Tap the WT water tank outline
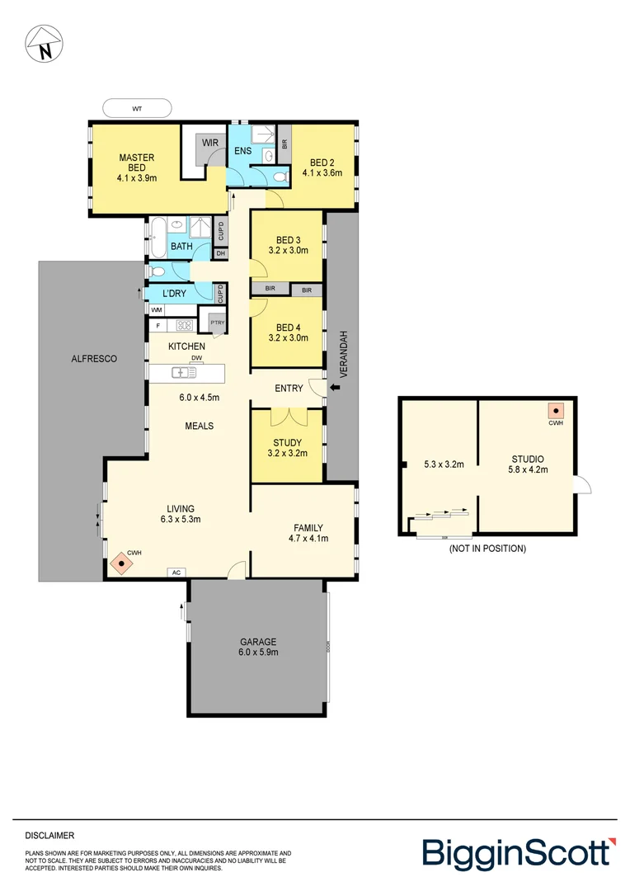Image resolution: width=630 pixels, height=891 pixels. coord(137,108)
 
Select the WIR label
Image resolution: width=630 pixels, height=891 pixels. coord(210,143)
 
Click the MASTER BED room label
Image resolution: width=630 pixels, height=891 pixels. coord(136,163)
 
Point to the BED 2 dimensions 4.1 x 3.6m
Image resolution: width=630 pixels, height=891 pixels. coord(322,173)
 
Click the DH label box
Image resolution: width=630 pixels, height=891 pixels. coord(220,253)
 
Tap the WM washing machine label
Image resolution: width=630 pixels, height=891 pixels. coord(156,309)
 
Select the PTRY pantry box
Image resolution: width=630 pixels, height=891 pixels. coord(218,323)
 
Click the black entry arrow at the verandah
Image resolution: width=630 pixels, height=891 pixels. coord(335,386)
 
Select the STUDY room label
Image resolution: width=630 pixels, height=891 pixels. coord(287,442)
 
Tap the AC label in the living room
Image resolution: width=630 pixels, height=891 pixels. coord(176,572)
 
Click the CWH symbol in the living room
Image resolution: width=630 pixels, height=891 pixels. coord(122,563)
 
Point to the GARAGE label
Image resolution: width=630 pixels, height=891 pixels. coord(258,641)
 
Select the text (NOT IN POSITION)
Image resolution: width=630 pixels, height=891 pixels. coord(487,548)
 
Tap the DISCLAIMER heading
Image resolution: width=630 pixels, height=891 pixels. coord(49,835)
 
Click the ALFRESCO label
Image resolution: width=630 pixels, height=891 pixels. coord(94,359)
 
